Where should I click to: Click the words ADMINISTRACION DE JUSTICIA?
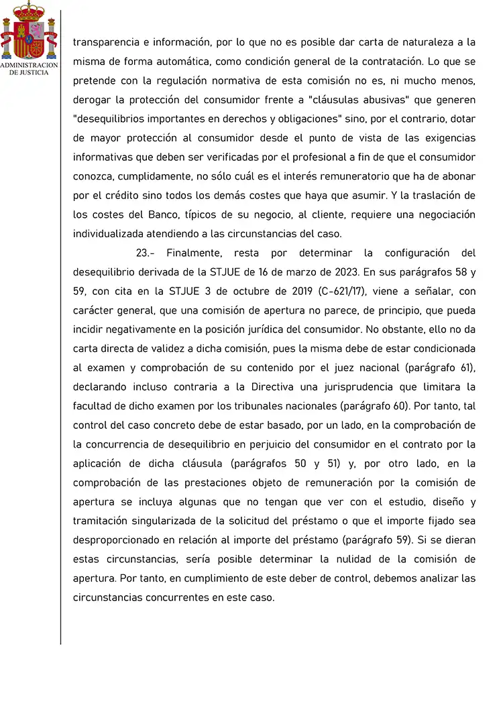[x=29, y=68]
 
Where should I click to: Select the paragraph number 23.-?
[x=146, y=253]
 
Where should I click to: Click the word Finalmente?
[x=194, y=253]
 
